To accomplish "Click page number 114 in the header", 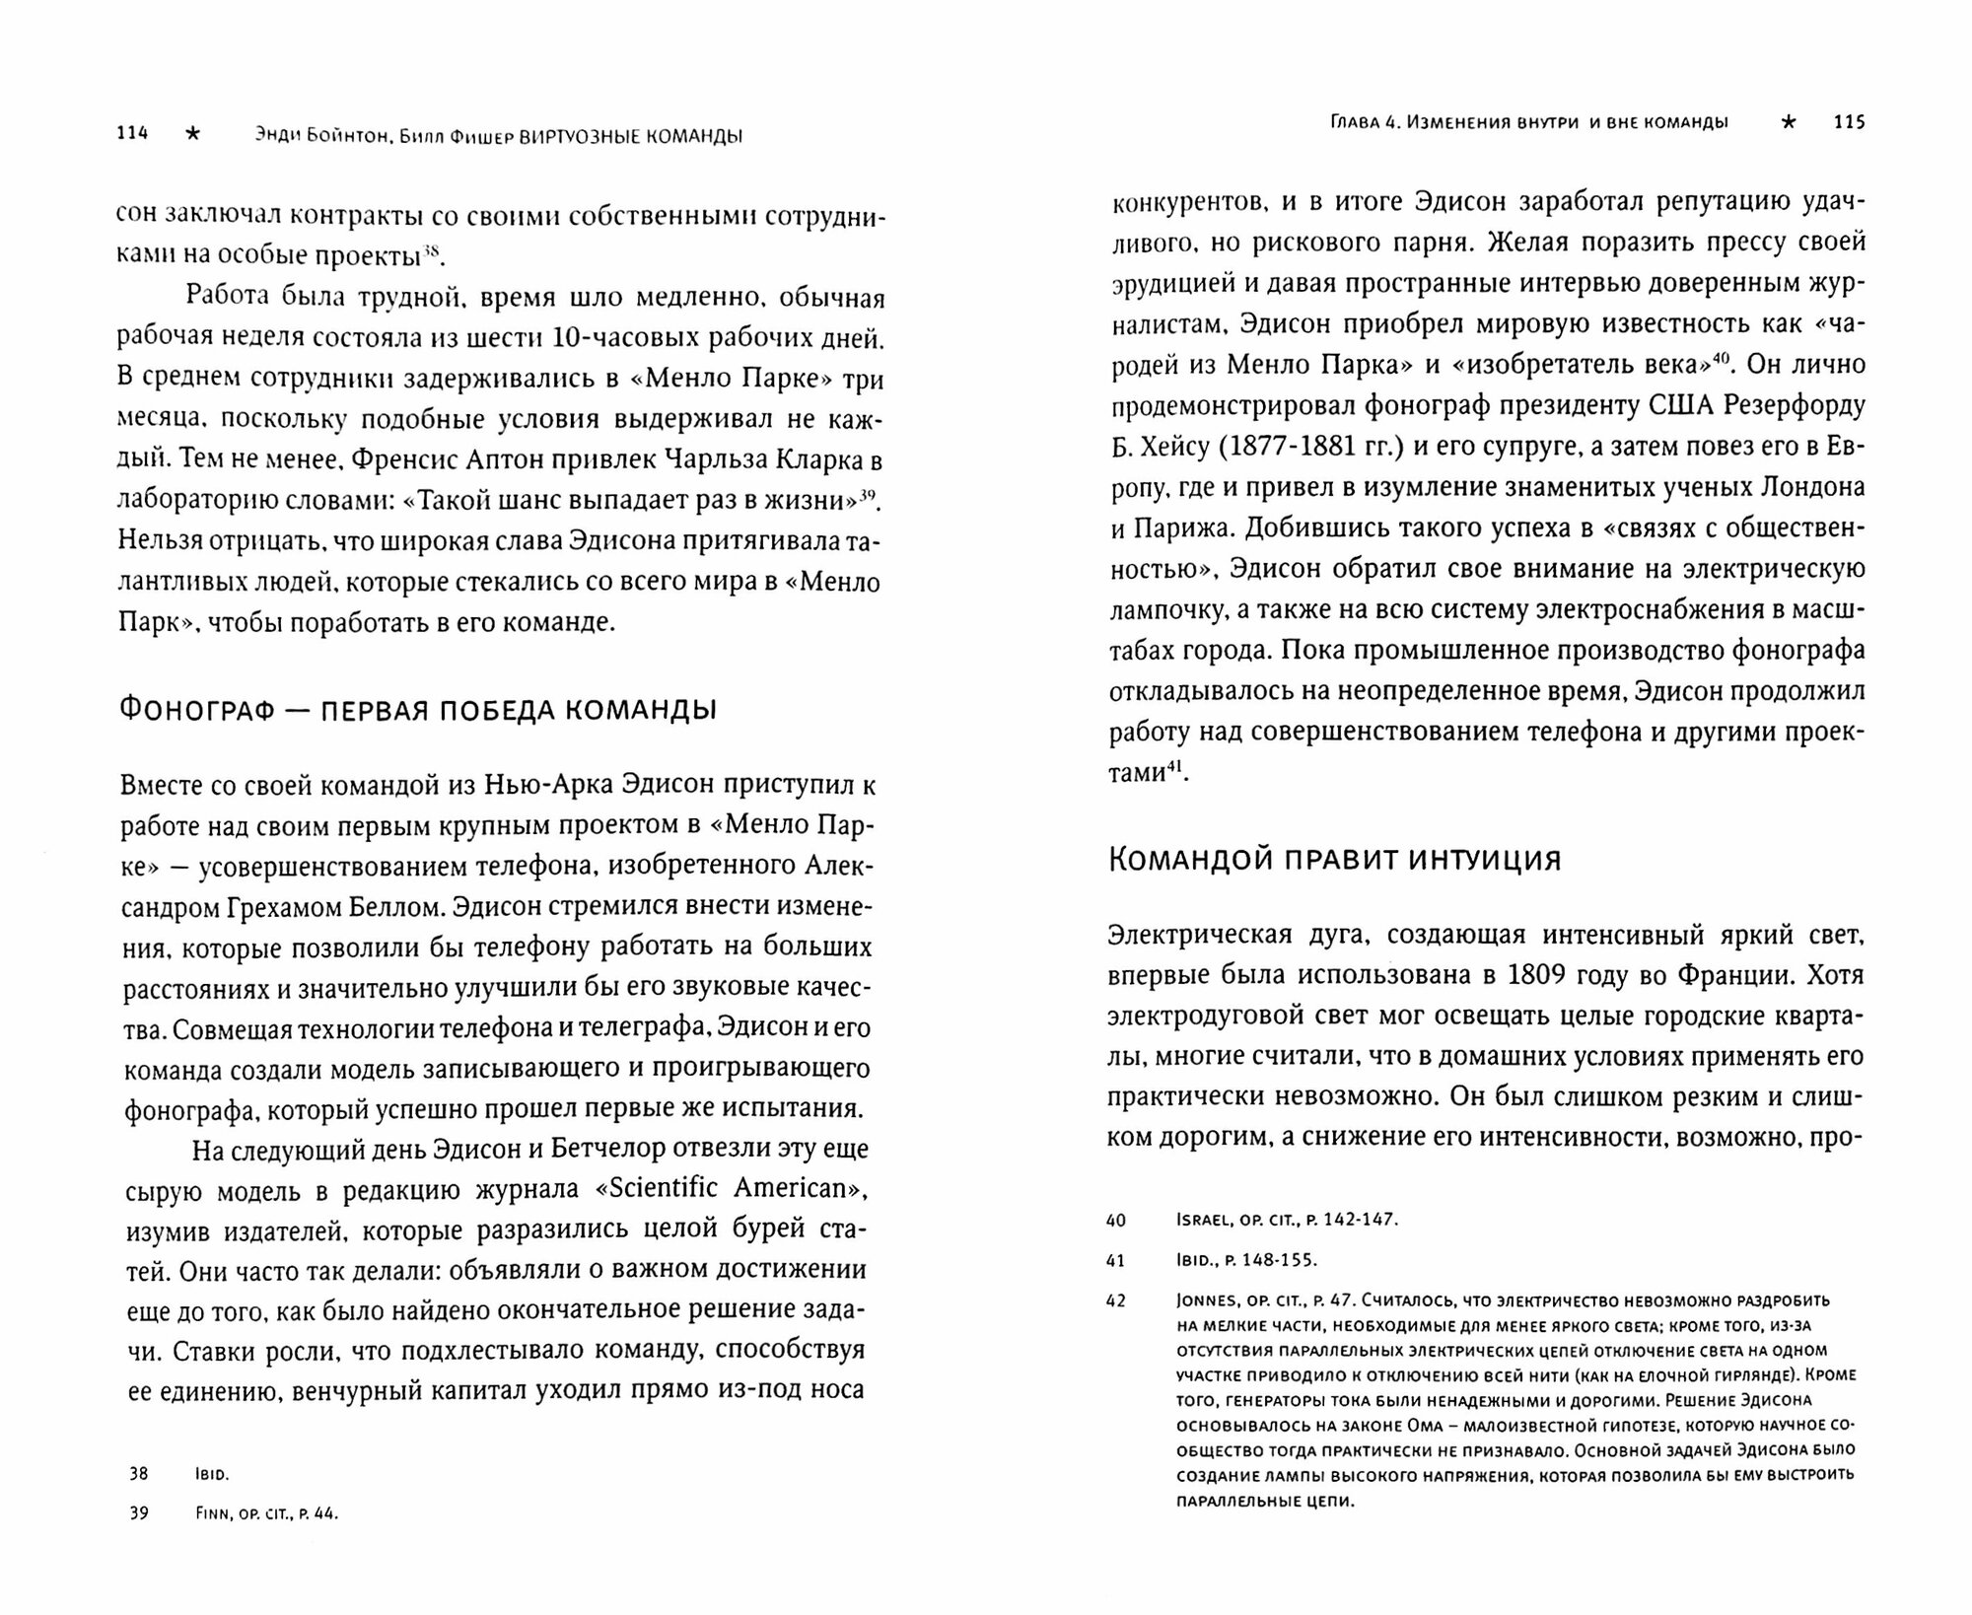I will [131, 135].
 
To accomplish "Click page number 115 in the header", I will [1849, 122].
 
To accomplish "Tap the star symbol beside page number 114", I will [192, 135].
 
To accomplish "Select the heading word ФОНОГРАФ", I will [197, 709].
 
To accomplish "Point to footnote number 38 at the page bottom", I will [138, 1474].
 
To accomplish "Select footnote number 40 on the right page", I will [1115, 1220].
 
